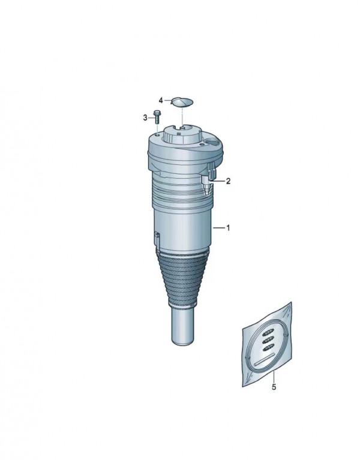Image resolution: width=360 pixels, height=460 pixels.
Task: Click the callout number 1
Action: pyautogui.click(x=228, y=228)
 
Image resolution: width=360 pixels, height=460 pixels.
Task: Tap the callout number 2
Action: pyautogui.click(x=228, y=181)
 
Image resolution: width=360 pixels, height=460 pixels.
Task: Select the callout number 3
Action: pyautogui.click(x=145, y=118)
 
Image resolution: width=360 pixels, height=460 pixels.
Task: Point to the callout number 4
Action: pyautogui.click(x=161, y=101)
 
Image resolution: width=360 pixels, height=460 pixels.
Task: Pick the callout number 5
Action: pyautogui.click(x=274, y=387)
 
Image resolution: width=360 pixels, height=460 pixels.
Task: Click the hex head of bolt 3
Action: pyautogui.click(x=158, y=112)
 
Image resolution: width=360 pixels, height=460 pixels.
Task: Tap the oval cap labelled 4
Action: pyautogui.click(x=182, y=102)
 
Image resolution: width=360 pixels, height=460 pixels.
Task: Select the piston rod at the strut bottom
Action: pyautogui.click(x=182, y=326)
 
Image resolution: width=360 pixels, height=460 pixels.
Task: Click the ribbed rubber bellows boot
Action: pyautogui.click(x=183, y=278)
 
